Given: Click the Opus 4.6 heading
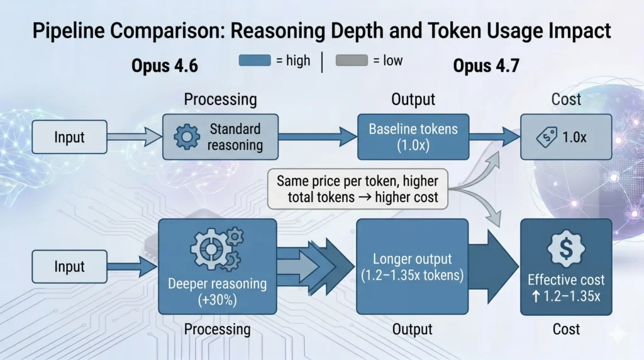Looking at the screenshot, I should [165, 65].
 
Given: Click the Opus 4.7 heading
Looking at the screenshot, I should [486, 65].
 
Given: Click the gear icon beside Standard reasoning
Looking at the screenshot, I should [187, 137].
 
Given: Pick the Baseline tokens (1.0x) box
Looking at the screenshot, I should [413, 137].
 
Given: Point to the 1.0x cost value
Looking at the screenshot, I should [574, 137].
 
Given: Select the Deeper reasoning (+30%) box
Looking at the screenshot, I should [217, 266].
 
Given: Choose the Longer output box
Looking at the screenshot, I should [412, 266].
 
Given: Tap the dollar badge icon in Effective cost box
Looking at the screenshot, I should [566, 247].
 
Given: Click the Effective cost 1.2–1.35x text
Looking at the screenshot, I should [566, 287].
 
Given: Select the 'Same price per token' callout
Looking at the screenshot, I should [357, 189].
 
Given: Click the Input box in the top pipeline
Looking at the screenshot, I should [70, 137].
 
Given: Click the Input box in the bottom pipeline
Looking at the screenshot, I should [70, 266].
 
